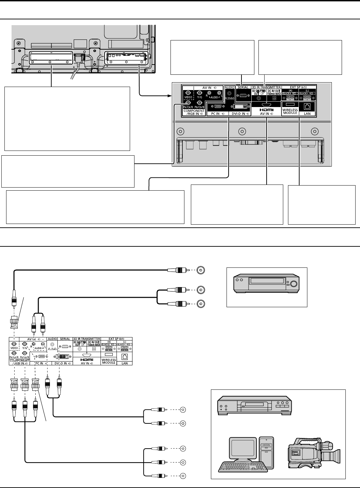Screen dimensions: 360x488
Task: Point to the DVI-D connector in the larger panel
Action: click(238, 106)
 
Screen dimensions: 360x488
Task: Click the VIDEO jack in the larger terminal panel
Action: click(188, 92)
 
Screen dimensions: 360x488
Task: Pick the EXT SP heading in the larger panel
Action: click(298, 87)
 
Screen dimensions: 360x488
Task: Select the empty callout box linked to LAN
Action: click(321, 205)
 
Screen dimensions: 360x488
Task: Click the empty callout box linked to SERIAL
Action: click(212, 57)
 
